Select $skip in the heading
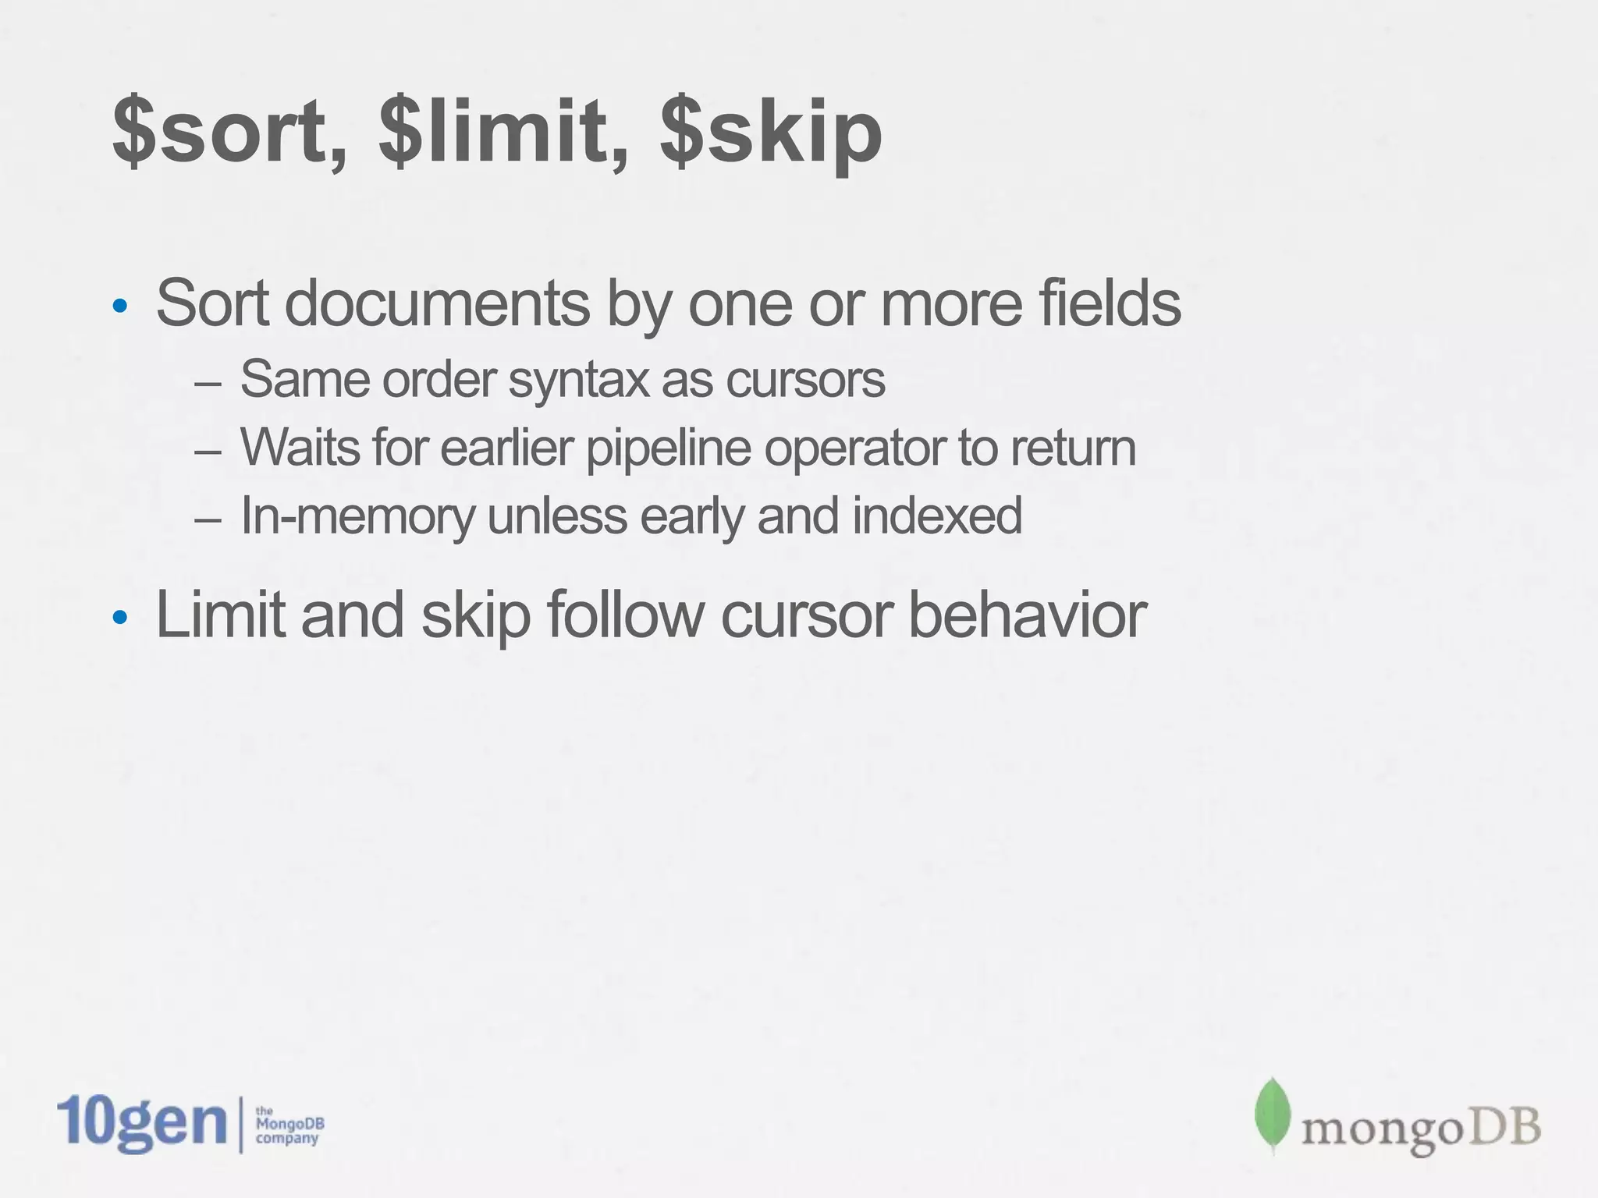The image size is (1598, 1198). tap(771, 134)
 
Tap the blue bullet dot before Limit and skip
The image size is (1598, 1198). tap(119, 618)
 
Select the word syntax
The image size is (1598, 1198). tap(578, 380)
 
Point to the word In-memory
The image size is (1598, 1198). tap(357, 516)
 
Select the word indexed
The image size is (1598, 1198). tap(936, 516)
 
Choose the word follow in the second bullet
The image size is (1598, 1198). tap(624, 615)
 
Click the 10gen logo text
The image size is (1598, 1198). tap(142, 1124)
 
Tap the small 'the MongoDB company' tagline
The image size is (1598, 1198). tap(289, 1125)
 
